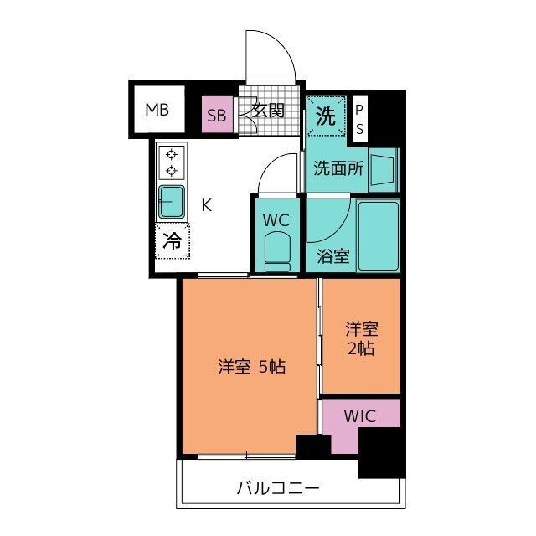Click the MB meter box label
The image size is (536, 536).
(157, 110)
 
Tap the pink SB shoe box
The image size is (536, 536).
(218, 114)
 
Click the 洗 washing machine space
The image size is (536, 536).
(326, 116)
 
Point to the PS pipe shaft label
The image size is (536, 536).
(359, 119)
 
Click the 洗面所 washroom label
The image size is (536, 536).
(338, 167)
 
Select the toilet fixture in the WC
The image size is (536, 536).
(277, 251)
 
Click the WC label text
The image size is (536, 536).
(276, 220)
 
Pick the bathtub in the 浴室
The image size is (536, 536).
(379, 235)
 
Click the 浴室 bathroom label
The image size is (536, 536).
(333, 255)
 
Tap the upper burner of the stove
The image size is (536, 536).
(172, 154)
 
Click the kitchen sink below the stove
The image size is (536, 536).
(172, 203)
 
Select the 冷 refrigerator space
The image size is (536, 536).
(173, 241)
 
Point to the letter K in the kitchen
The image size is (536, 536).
(207, 205)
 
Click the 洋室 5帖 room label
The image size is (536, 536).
(251, 367)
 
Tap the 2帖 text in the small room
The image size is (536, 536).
(361, 348)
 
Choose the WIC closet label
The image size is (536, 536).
(360, 416)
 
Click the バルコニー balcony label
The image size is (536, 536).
(278, 488)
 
